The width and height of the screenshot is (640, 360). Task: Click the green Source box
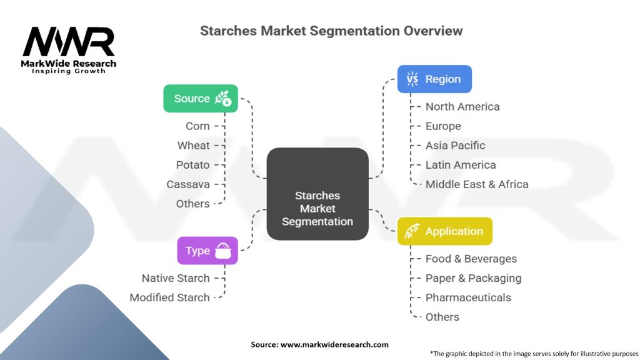point(201,98)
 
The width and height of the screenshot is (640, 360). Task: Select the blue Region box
point(434,79)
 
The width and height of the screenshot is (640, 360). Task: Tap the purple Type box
point(207,251)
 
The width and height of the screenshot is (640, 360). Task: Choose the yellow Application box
point(445,231)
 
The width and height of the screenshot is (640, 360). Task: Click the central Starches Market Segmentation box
point(317,194)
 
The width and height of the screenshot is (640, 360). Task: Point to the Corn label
point(197,126)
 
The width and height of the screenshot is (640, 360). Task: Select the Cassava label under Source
point(188,184)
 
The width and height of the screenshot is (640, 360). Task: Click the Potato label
point(192,165)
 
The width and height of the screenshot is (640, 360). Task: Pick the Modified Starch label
point(169,297)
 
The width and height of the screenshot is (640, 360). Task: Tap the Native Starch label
point(176,278)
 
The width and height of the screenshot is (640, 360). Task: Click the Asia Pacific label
point(455,145)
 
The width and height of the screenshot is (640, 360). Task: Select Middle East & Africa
point(477,184)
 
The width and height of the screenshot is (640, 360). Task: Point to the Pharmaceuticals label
point(468,297)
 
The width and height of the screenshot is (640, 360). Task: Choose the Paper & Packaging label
point(474,278)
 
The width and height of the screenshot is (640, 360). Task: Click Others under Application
point(442,317)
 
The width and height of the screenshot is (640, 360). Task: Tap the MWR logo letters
point(69,41)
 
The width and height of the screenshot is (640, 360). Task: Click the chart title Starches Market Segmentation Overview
point(331,31)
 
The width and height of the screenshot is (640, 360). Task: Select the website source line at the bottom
point(319,344)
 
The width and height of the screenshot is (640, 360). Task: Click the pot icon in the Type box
point(223,251)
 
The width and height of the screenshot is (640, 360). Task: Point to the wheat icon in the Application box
point(412,231)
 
